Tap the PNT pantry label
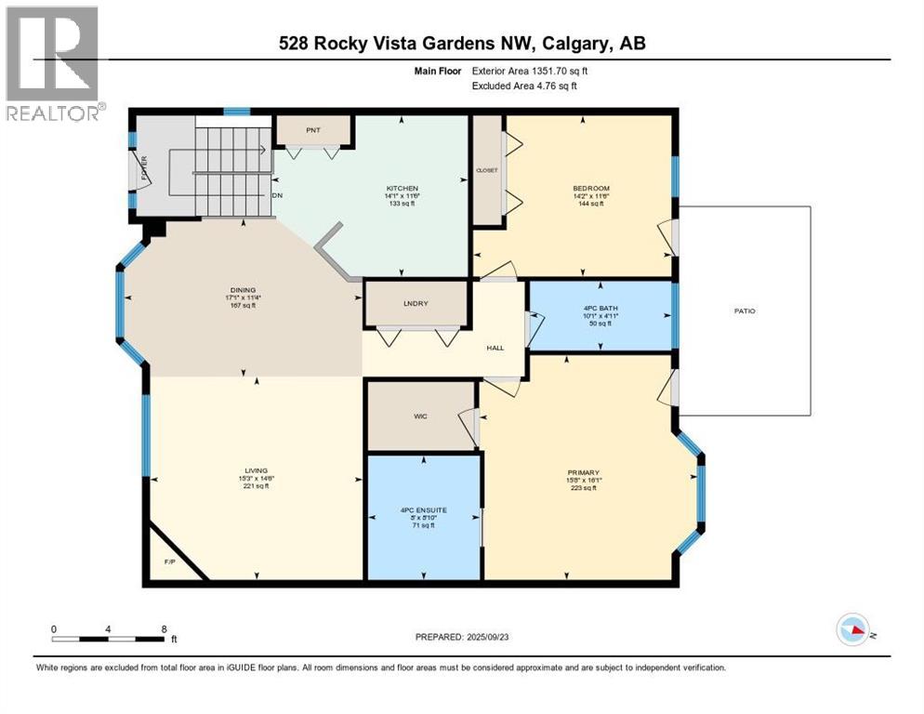coord(313,130)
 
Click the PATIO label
coord(744,311)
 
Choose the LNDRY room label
coord(414,304)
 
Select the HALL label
coord(495,348)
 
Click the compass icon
coord(852,629)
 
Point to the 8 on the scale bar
coord(164,628)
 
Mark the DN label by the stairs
coord(277,196)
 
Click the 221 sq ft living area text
coord(252,485)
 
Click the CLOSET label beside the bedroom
coord(487,170)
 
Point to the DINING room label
coord(244,290)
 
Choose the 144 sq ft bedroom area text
coord(590,204)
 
